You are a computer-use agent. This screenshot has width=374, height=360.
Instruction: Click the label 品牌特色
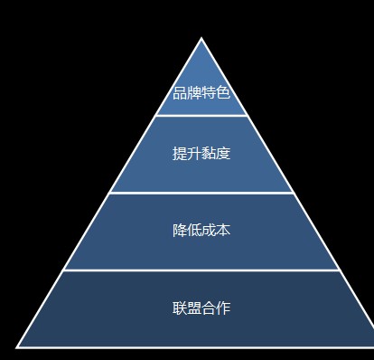201,93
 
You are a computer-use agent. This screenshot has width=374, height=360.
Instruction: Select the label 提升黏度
201,153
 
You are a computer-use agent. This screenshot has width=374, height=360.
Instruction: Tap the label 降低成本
201,230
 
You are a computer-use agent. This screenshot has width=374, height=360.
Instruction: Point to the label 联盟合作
201,308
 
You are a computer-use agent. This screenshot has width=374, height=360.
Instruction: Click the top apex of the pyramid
201,39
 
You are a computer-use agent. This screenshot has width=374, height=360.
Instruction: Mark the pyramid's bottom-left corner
17,346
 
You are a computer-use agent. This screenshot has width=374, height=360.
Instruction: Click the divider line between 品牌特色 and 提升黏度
201,116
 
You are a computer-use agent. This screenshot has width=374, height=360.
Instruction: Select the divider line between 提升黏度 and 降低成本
201,193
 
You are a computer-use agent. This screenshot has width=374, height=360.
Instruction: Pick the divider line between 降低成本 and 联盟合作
201,270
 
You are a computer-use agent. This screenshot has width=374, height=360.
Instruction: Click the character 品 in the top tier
180,93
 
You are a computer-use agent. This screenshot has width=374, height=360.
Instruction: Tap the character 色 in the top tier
223,93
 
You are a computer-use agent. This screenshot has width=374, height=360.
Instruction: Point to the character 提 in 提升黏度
180,153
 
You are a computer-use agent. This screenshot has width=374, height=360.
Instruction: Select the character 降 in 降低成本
180,230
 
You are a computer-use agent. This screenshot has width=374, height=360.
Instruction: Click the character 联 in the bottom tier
180,308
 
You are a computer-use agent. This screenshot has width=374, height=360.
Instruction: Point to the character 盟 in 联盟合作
194,308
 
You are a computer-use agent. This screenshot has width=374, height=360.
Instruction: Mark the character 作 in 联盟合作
223,308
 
